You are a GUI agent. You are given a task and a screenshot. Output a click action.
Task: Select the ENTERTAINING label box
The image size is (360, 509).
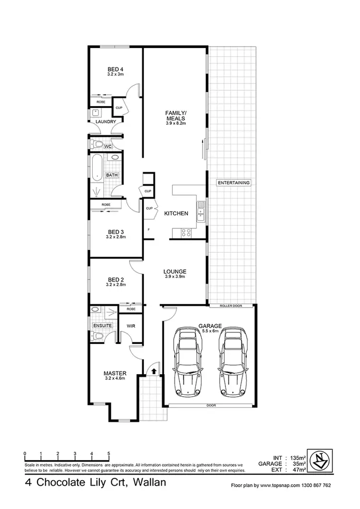pos(234,183)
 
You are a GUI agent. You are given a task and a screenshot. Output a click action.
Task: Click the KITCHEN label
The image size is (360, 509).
pos(176,213)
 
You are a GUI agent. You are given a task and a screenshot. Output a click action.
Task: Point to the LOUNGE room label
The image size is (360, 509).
pos(175,271)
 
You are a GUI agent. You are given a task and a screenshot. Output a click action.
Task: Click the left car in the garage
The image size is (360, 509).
pos(187,361)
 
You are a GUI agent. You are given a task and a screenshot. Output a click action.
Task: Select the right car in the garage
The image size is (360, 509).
pos(233,361)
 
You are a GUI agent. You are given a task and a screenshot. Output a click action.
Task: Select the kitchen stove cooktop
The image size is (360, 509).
pos(186,234)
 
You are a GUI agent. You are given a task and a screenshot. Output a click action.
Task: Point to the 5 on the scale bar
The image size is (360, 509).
pos(109,453)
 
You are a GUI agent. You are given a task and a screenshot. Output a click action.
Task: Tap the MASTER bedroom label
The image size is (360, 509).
pos(115,373)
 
